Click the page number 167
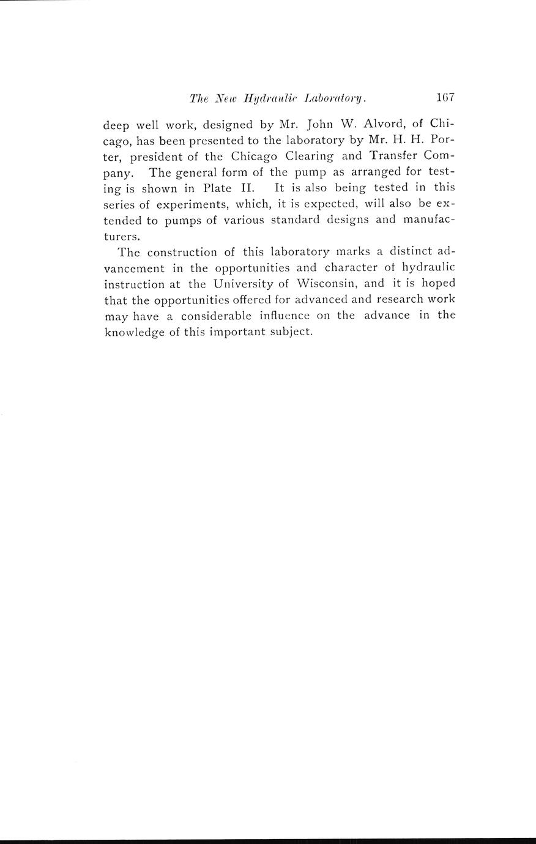pyautogui.click(x=444, y=97)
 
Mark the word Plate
pyautogui.click(x=214, y=188)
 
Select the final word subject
pyautogui.click(x=291, y=332)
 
